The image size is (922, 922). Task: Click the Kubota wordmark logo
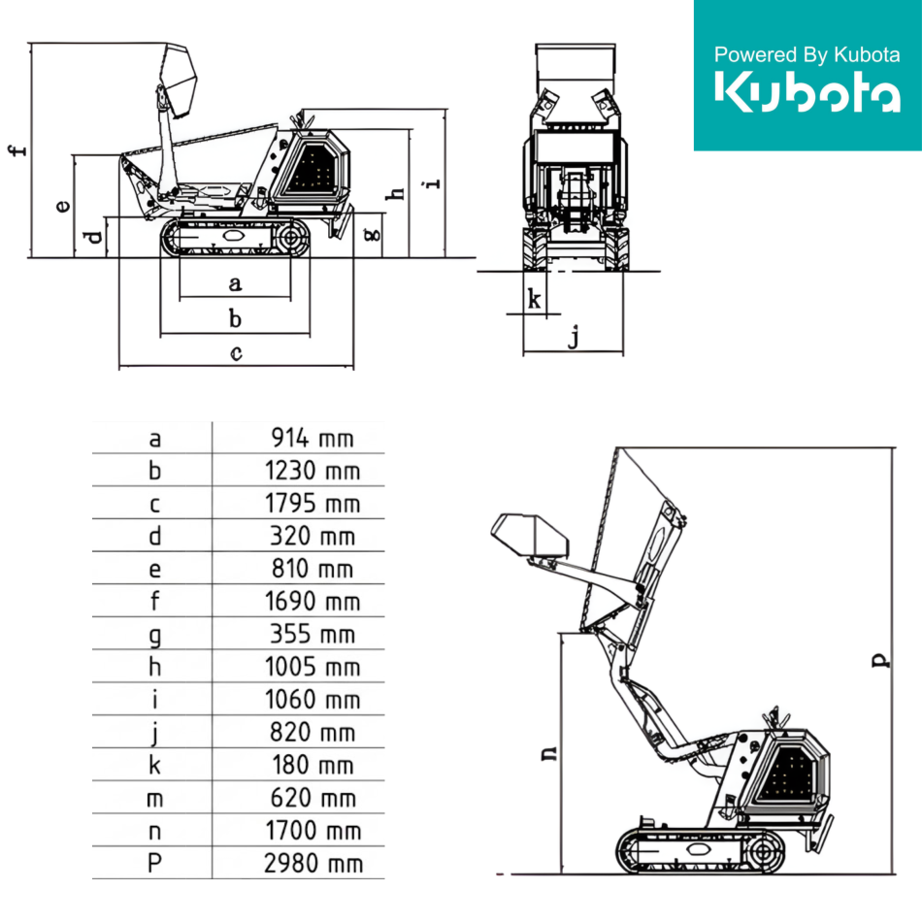[x=807, y=91]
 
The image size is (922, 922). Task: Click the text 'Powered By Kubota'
[x=807, y=54]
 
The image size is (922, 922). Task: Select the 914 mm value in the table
[x=313, y=438]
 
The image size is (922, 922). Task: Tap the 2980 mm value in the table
[x=313, y=863]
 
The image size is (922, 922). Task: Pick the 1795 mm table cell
[x=313, y=504]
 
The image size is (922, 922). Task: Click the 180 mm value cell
[x=313, y=765]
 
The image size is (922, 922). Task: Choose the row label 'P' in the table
[x=154, y=863]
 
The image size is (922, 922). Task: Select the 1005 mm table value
[x=313, y=667]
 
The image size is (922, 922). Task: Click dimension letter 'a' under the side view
[x=235, y=284]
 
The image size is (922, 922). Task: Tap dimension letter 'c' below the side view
[x=236, y=353]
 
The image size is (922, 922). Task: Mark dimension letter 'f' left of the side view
[x=18, y=149]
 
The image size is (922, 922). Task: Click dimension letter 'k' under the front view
[x=534, y=299]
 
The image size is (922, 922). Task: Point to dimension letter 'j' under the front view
[x=574, y=337]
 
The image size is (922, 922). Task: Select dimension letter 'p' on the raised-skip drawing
[x=880, y=660]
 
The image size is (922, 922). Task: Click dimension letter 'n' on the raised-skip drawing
[x=548, y=753]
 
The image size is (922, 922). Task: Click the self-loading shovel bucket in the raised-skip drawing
[x=530, y=535]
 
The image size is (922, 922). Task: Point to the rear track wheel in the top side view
[x=291, y=238]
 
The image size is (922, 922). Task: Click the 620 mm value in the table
[x=313, y=798]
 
